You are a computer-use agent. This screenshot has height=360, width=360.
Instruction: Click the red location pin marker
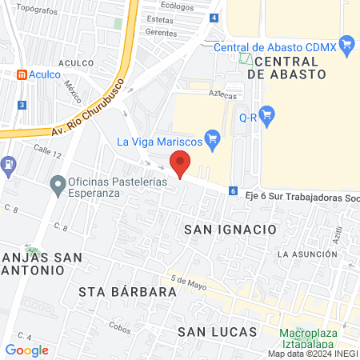(x=182, y=163)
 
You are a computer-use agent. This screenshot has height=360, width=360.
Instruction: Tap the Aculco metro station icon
(x=22, y=74)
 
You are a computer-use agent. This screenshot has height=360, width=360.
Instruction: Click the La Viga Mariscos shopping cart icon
(x=212, y=141)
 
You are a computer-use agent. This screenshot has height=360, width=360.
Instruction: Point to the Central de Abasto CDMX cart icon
(x=346, y=43)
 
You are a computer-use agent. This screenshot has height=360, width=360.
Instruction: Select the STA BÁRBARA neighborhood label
(x=127, y=292)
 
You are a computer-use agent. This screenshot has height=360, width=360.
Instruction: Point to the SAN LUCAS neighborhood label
(x=217, y=331)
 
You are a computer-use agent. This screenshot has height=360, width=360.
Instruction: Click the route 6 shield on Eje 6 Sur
(x=233, y=191)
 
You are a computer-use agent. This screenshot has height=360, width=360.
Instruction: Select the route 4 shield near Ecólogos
(x=214, y=18)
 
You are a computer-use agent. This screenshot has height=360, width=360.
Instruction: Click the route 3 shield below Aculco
(x=22, y=105)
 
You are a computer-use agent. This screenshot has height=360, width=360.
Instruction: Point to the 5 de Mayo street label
(x=183, y=282)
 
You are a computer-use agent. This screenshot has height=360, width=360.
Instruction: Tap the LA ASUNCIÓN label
(x=306, y=254)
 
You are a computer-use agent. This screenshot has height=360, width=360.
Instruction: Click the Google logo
(x=26, y=350)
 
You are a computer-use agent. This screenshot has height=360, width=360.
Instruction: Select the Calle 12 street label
(x=47, y=149)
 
